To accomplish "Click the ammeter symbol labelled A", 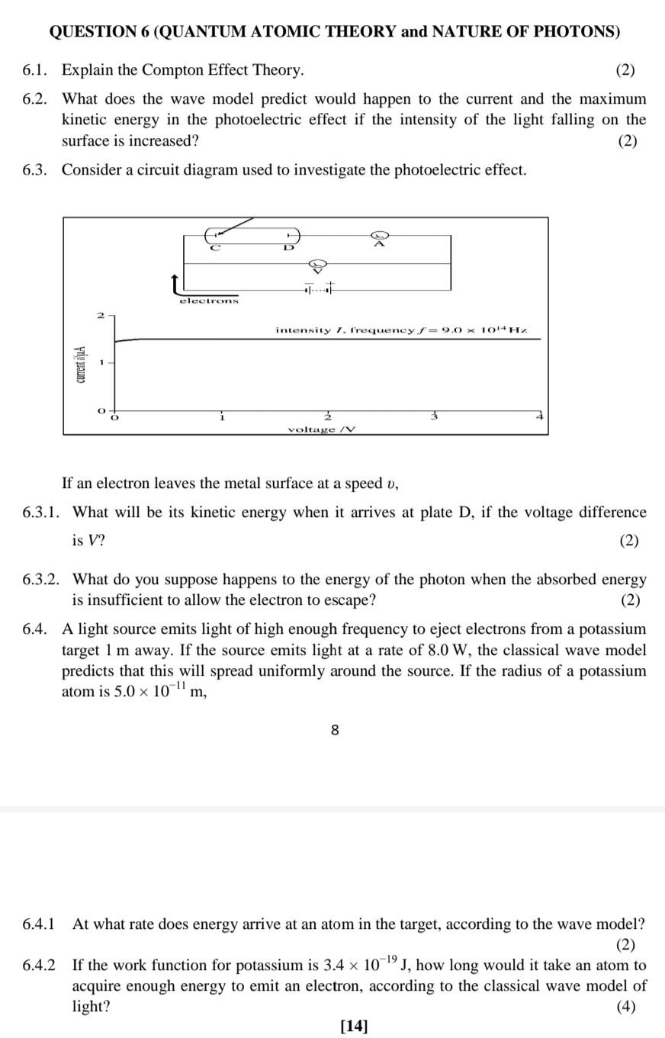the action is pyautogui.click(x=379, y=236).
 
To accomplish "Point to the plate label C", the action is pyautogui.click(x=215, y=247).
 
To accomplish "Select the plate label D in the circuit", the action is pyautogui.click(x=288, y=247).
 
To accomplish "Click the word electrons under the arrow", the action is pyautogui.click(x=209, y=300).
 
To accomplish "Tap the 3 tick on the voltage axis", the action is pyautogui.click(x=435, y=416).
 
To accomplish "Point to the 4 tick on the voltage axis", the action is pyautogui.click(x=539, y=416).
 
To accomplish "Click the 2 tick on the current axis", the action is pyautogui.click(x=100, y=315).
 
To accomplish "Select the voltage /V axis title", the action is pyautogui.click(x=321, y=429).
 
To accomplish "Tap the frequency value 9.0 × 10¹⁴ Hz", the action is pyautogui.click(x=485, y=330).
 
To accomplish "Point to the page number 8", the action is pyautogui.click(x=335, y=730).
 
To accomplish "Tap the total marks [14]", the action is pyautogui.click(x=354, y=1025).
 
